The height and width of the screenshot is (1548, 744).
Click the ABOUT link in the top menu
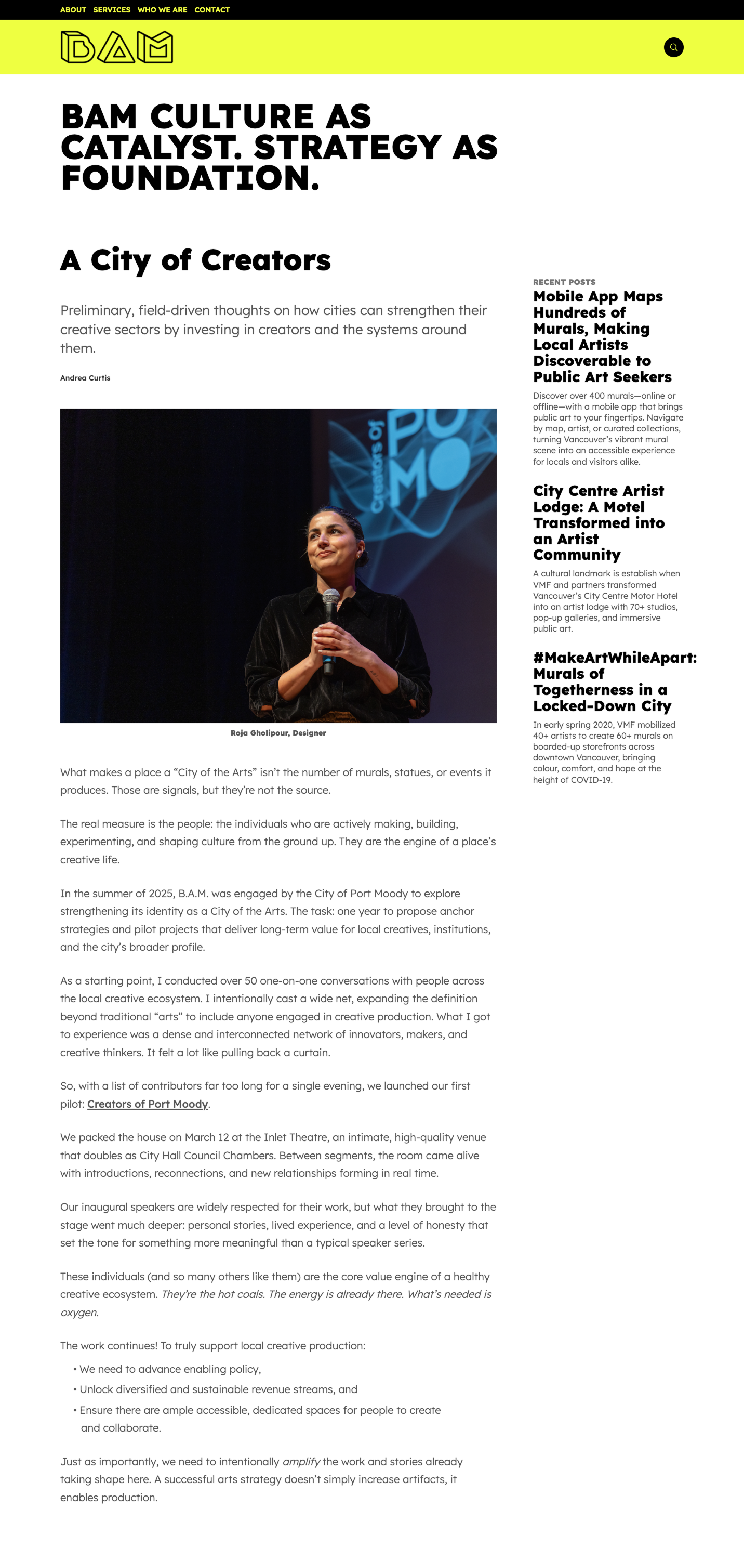[73, 9]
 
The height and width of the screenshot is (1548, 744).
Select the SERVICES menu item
[112, 9]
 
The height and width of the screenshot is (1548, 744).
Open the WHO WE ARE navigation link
[162, 9]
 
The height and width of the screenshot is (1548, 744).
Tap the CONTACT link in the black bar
[212, 9]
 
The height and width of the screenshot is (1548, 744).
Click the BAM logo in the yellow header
[116, 47]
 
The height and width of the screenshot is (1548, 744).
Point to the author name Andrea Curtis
[85, 378]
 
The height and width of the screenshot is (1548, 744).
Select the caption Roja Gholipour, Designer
[278, 733]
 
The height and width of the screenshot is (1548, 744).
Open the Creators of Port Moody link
[147, 1104]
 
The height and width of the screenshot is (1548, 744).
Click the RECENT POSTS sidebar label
[564, 282]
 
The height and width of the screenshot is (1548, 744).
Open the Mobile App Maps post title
[602, 336]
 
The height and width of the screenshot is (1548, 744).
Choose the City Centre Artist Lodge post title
[598, 522]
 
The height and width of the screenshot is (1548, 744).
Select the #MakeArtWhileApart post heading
[614, 681]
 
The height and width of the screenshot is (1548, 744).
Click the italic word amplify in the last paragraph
[301, 1462]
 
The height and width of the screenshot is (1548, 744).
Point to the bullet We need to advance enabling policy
[170, 1369]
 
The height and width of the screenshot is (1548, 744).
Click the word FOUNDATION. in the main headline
[190, 178]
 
